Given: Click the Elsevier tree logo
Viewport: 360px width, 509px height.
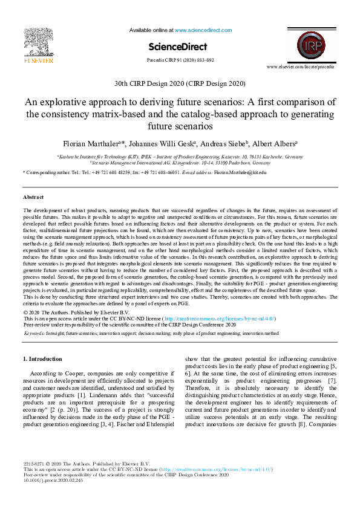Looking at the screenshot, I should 38,42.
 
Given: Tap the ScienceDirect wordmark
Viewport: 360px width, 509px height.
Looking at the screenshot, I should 177,47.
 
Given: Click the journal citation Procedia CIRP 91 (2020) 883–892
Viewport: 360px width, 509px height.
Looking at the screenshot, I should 180,60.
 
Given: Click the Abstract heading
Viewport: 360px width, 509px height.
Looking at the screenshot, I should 33,198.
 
